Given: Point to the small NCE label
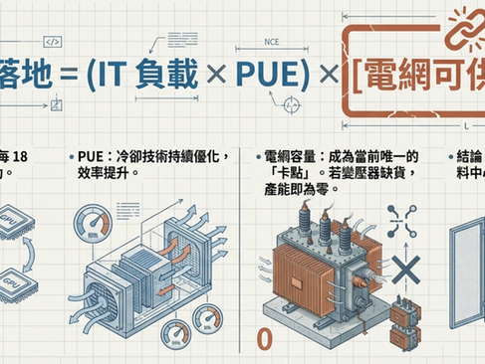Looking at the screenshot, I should point(274,43).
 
